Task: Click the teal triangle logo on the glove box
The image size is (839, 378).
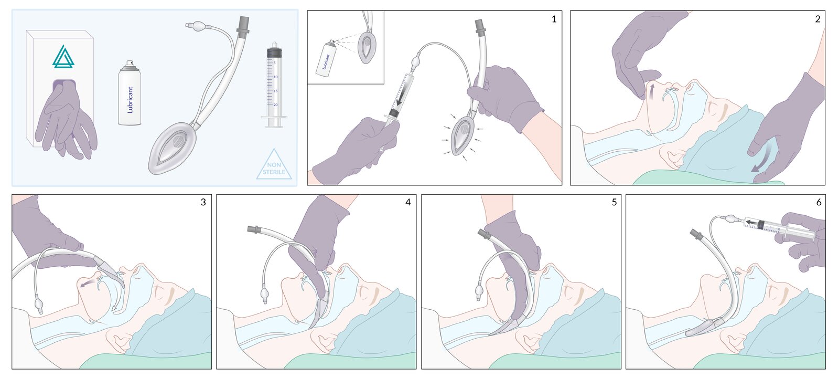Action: (x=63, y=57)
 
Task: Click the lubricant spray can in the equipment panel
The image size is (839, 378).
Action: (x=130, y=92)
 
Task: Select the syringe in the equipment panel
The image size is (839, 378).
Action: (x=274, y=85)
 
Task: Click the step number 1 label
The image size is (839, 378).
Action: (x=554, y=19)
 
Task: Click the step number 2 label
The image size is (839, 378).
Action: (x=818, y=19)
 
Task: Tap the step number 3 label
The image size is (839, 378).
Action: (x=203, y=203)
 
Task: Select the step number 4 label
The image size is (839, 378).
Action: (x=408, y=203)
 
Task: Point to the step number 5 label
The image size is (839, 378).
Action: (x=614, y=203)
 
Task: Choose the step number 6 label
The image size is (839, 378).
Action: (x=819, y=203)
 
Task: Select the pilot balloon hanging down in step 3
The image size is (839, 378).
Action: (x=39, y=303)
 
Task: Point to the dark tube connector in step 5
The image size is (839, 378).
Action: (x=485, y=234)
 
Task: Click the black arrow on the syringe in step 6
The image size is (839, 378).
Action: (x=752, y=223)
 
